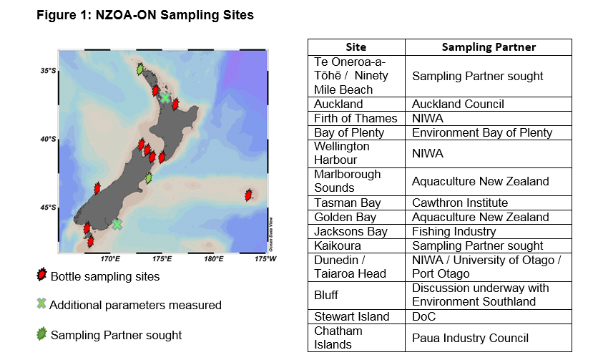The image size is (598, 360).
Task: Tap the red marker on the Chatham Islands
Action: (x=248, y=195)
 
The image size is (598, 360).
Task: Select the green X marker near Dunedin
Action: (x=117, y=225)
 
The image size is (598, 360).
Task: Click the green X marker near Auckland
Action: (x=165, y=98)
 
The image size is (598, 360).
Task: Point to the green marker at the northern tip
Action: (x=140, y=69)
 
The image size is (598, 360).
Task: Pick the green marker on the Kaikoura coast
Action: (x=149, y=177)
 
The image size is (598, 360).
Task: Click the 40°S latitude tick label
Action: (x=48, y=139)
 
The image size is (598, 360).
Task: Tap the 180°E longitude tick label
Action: (x=214, y=259)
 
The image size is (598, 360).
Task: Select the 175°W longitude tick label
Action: (x=265, y=259)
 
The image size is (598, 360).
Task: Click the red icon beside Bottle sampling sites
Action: (x=41, y=275)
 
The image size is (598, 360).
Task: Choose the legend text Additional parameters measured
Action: (x=135, y=305)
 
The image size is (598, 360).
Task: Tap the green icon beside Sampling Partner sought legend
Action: (x=41, y=334)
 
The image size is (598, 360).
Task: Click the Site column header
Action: (x=356, y=47)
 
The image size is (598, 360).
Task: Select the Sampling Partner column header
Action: (x=489, y=47)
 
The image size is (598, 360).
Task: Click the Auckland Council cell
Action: (x=458, y=104)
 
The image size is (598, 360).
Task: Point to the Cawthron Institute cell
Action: (x=460, y=203)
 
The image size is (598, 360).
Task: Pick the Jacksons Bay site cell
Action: (x=351, y=231)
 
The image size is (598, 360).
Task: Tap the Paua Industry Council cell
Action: (x=470, y=338)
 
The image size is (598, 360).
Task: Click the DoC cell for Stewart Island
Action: (x=423, y=316)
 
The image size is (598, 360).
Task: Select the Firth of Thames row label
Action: (x=356, y=118)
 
